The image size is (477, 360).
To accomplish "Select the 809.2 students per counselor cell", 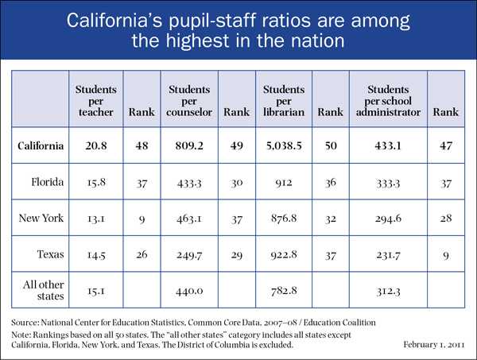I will pyautogui.click(x=188, y=147).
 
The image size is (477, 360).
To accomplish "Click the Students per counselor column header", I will pyautogui.click(x=188, y=103).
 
